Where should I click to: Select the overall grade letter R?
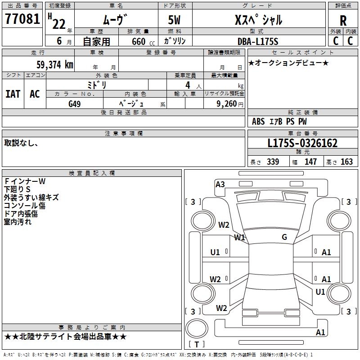click(343, 21)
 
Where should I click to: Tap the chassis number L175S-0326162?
click(302, 144)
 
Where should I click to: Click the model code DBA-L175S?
click(258, 41)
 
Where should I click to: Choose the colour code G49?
click(75, 103)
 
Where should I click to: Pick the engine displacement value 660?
click(138, 41)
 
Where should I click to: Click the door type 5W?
click(175, 20)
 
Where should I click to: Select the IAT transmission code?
click(13, 94)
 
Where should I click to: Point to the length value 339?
click(273, 162)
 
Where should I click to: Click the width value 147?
click(310, 162)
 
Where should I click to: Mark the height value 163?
click(346, 162)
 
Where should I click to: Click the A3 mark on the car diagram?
click(220, 184)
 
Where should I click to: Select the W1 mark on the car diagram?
click(239, 237)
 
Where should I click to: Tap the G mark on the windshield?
click(284, 237)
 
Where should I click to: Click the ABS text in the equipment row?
click(258, 121)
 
